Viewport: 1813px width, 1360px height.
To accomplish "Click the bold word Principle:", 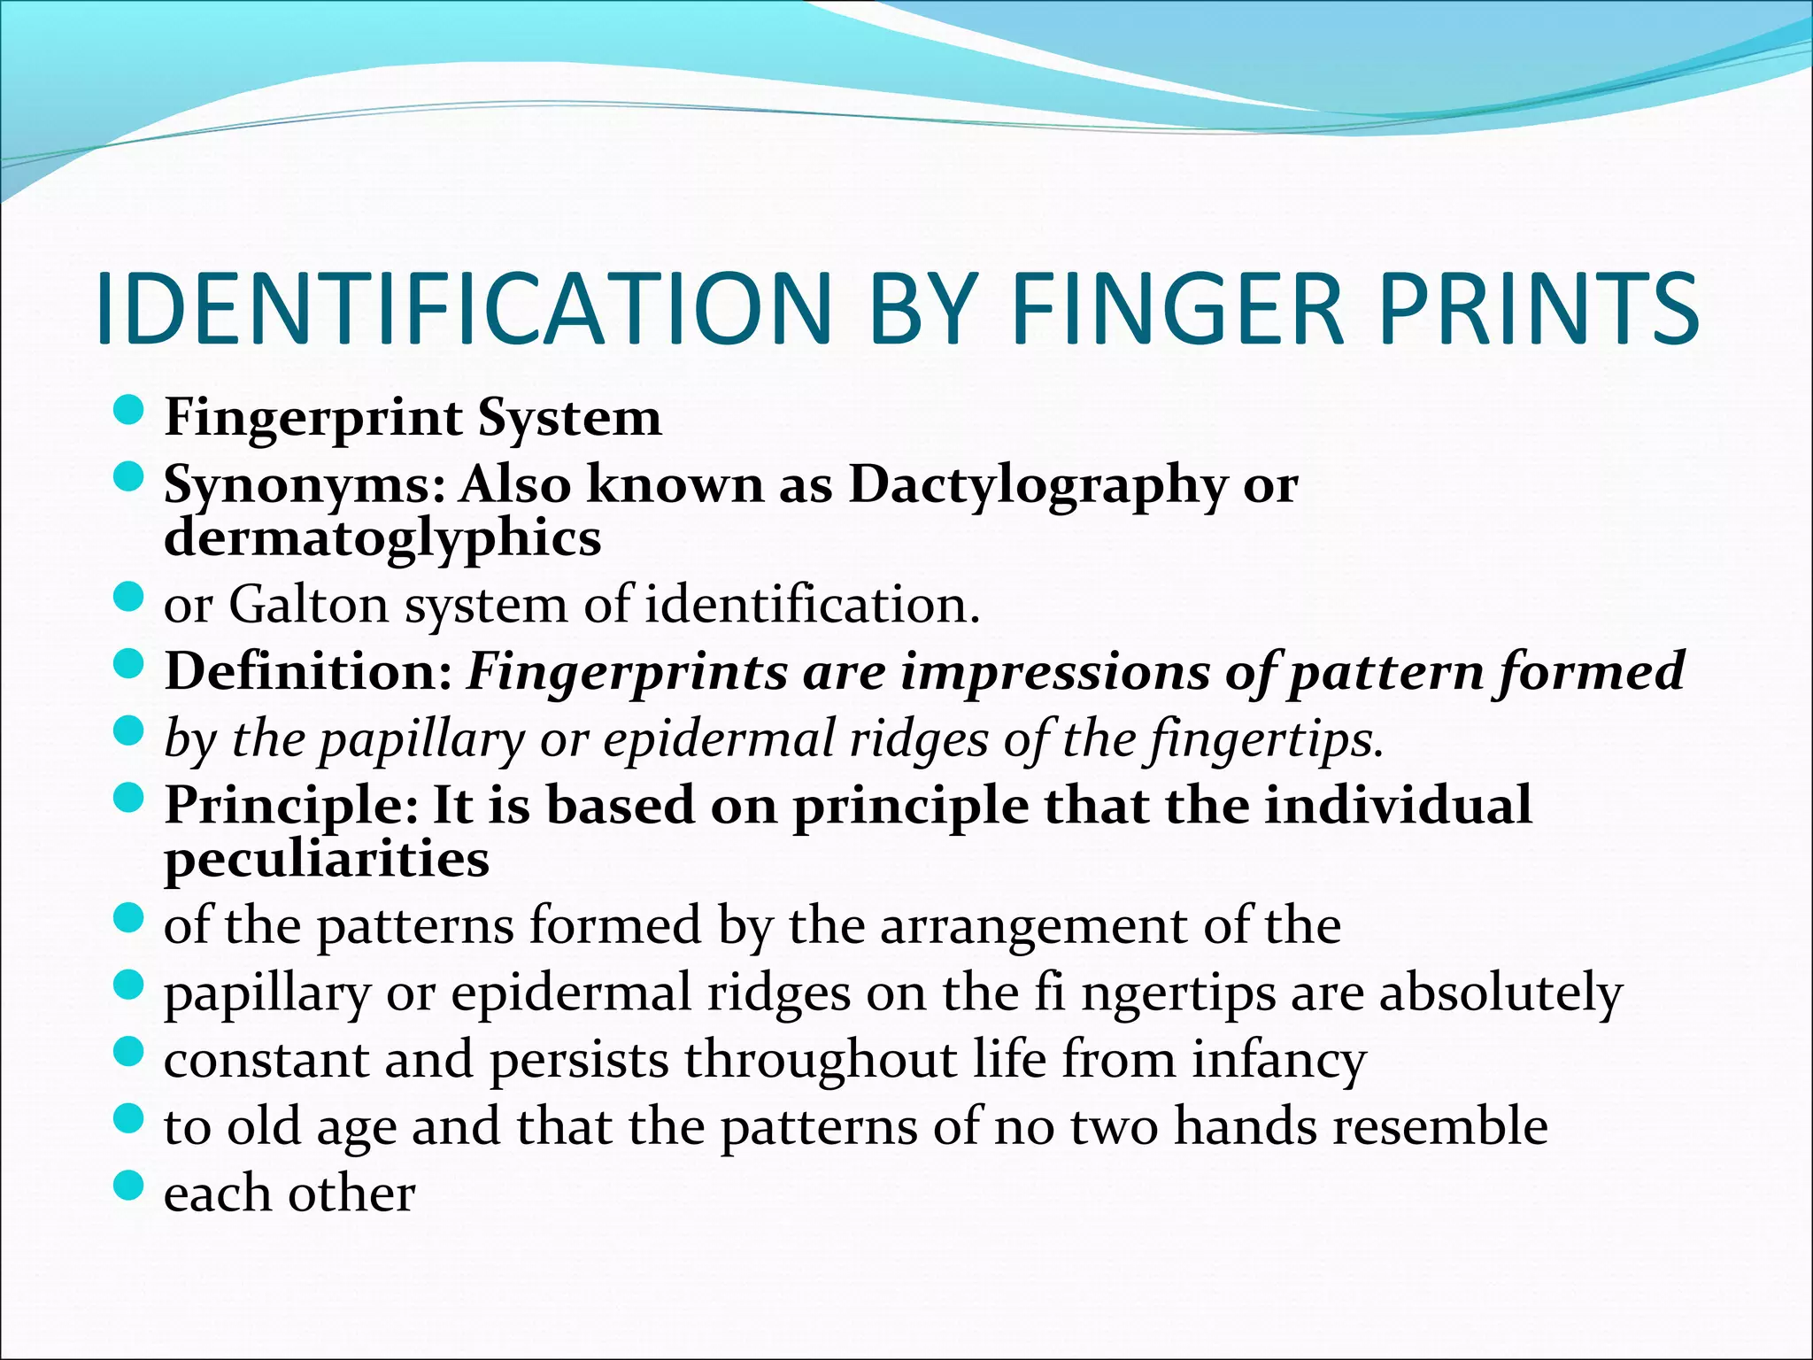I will pos(291,807).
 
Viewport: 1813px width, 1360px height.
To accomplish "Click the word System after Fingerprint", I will pos(569,417).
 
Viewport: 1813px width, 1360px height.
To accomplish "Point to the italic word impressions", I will pos(1054,671).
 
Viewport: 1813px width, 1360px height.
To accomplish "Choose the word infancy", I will pos(1278,1061).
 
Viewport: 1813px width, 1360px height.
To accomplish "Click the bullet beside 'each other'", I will pos(129,1186).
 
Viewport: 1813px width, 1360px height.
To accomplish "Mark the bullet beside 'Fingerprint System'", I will pos(129,411).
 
